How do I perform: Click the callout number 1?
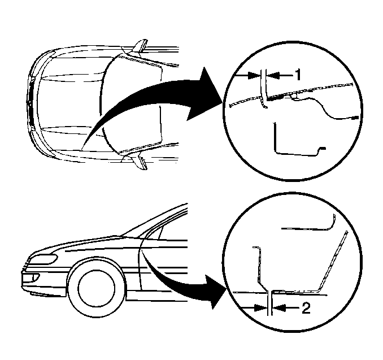298,75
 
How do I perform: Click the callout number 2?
306,308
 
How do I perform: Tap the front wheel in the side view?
97,289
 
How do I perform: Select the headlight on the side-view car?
43,259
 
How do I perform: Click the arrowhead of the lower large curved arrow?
215,291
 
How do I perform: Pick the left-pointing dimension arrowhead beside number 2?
279,308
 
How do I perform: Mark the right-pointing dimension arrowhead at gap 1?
254,75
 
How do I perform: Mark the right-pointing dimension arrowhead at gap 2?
260,308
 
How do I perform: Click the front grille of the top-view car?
31,103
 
